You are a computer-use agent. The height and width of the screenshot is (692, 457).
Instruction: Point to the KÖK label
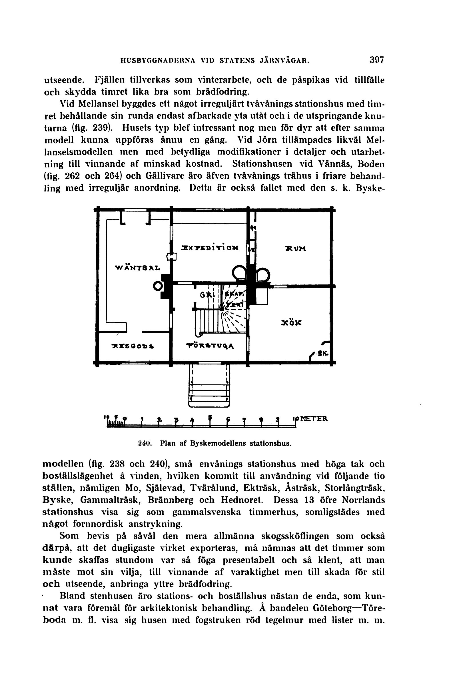coord(291,323)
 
